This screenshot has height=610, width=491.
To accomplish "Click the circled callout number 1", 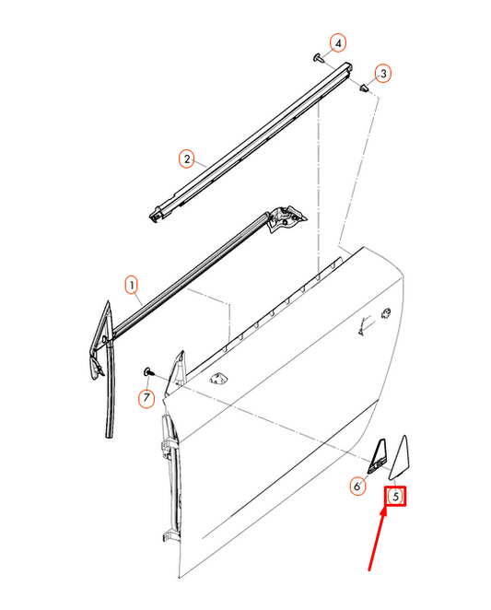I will (x=132, y=284).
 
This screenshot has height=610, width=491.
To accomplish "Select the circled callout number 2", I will (x=186, y=159).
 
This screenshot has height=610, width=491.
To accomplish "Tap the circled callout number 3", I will (x=384, y=73).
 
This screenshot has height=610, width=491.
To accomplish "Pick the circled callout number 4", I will (x=338, y=43).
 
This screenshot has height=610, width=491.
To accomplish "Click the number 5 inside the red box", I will (x=395, y=497).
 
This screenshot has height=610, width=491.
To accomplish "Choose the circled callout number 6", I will (x=357, y=486).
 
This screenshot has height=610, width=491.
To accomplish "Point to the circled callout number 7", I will (x=146, y=398).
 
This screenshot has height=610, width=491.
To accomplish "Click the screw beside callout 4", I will (x=319, y=58).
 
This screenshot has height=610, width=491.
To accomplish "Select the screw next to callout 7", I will (x=149, y=371).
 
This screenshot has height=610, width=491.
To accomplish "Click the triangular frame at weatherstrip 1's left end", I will (x=99, y=346).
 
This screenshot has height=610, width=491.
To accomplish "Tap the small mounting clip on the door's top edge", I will (x=218, y=378).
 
